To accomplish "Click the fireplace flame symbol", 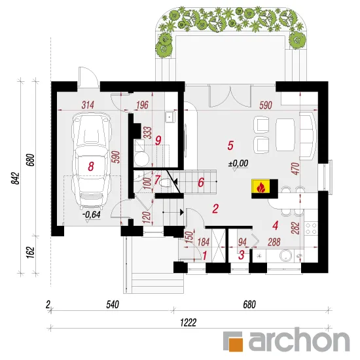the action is coord(261,187).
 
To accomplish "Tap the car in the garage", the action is coord(91,161).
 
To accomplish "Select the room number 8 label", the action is coord(91,166).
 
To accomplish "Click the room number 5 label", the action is coord(230,145).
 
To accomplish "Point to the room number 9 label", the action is coord(158,140).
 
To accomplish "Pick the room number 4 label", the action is coord(276,225).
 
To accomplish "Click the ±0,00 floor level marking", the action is coord(238,163).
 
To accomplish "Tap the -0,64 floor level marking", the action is coord(92,215).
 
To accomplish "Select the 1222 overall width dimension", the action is coord(189,323).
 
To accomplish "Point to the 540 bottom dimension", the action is coord(113,304).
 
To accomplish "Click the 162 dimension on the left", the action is coord(30,253).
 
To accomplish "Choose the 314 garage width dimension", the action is coord(88,105).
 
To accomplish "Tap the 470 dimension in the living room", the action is coord(296,168).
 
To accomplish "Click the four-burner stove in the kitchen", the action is coord(311,228).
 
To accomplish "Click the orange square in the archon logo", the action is coord(236,344).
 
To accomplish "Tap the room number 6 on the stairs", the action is coord(201,183).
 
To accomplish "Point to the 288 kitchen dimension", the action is coord(274,242).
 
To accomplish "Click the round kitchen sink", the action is coord(286,256).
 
